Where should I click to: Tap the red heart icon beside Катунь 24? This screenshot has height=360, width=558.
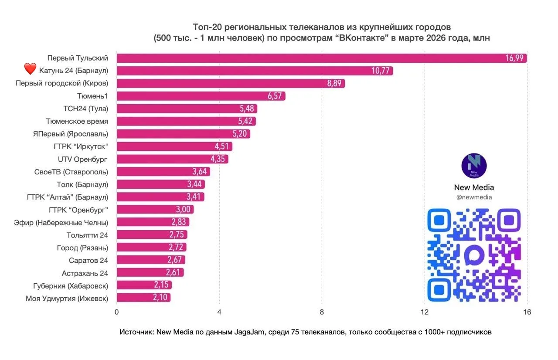click(x=30, y=69)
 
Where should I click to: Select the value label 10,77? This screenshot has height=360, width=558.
click(x=380, y=71)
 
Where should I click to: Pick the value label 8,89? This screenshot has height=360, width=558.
click(x=333, y=84)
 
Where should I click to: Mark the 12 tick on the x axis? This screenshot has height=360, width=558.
click(x=425, y=312)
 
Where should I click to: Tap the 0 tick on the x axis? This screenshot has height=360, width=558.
click(x=116, y=312)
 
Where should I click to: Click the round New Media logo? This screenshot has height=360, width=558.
click(x=474, y=166)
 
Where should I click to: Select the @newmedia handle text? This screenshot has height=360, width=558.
click(x=474, y=197)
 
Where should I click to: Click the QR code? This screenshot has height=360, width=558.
click(x=474, y=255)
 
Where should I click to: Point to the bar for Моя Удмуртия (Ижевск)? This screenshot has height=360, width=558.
click(x=143, y=298)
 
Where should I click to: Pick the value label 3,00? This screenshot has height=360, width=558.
click(x=183, y=210)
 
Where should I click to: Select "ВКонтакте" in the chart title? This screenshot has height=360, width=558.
click(x=364, y=38)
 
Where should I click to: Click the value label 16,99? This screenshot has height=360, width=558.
click(x=514, y=58)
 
